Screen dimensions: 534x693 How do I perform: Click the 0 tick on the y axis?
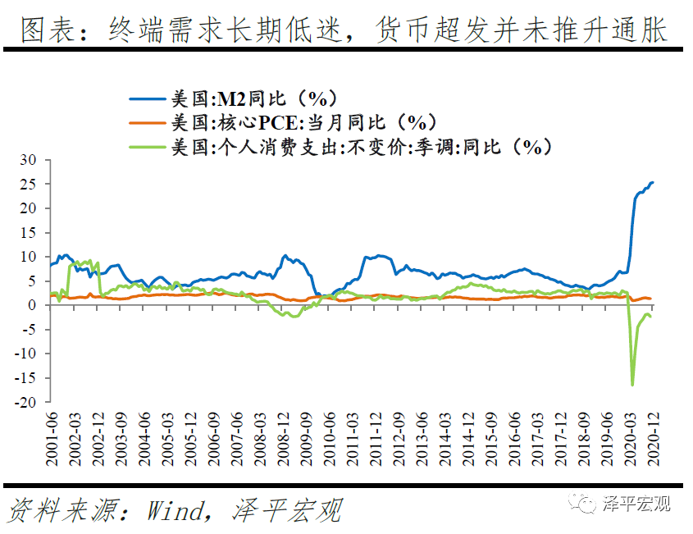pos(32,305)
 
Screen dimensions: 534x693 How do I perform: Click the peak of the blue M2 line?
pos(652,182)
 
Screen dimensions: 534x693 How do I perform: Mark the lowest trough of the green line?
pos(632,385)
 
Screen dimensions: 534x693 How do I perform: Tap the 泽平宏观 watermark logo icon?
pos(584,502)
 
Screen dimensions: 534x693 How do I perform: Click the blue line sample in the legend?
pos(148,99)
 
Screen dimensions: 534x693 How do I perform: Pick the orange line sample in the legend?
pos(148,123)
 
